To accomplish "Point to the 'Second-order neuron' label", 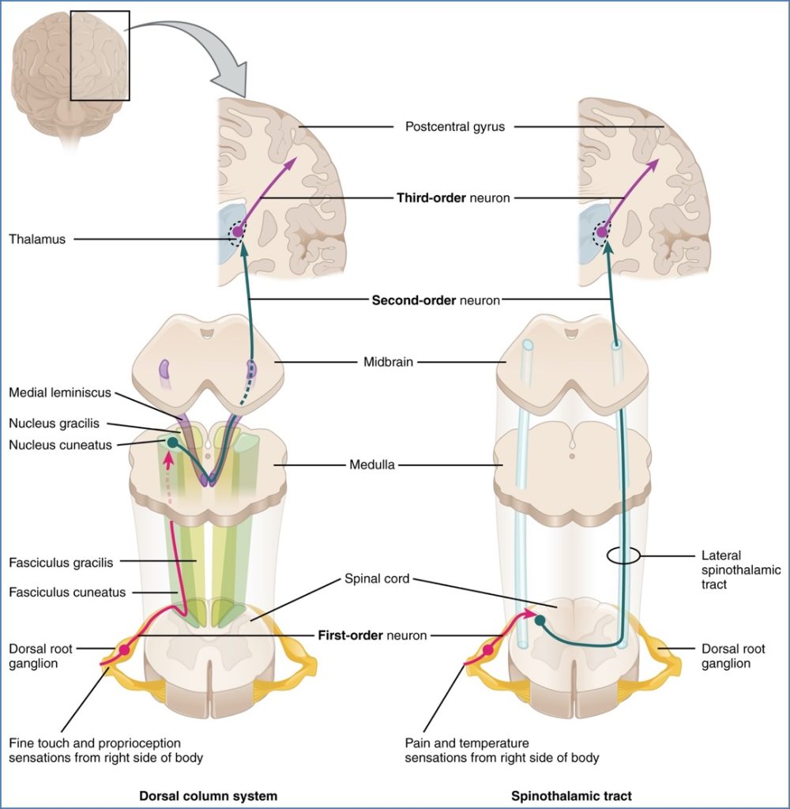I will [x=435, y=300].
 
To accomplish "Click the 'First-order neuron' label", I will [x=372, y=634].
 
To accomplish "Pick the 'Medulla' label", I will [x=374, y=465].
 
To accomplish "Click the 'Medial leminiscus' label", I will [x=60, y=393].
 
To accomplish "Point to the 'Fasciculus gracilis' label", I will [x=61, y=563].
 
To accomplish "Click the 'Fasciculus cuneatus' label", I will [x=66, y=592].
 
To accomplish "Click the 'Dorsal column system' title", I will [x=208, y=796].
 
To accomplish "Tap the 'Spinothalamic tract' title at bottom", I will [x=571, y=796].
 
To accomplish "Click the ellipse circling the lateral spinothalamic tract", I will [x=623, y=556].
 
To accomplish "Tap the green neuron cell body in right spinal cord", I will [x=540, y=620].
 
